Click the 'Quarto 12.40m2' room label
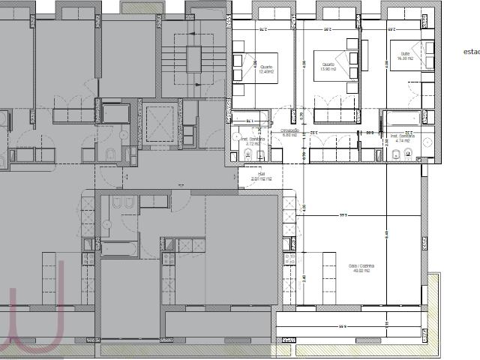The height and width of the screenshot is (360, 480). pyautogui.click(x=266, y=70)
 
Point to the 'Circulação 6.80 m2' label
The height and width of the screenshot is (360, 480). pyautogui.click(x=289, y=133)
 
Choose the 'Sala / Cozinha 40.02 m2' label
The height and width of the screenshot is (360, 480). pyautogui.click(x=361, y=269)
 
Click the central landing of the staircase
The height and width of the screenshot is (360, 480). pyautogui.click(x=194, y=59)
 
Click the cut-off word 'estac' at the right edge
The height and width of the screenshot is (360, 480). pyautogui.click(x=471, y=52)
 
